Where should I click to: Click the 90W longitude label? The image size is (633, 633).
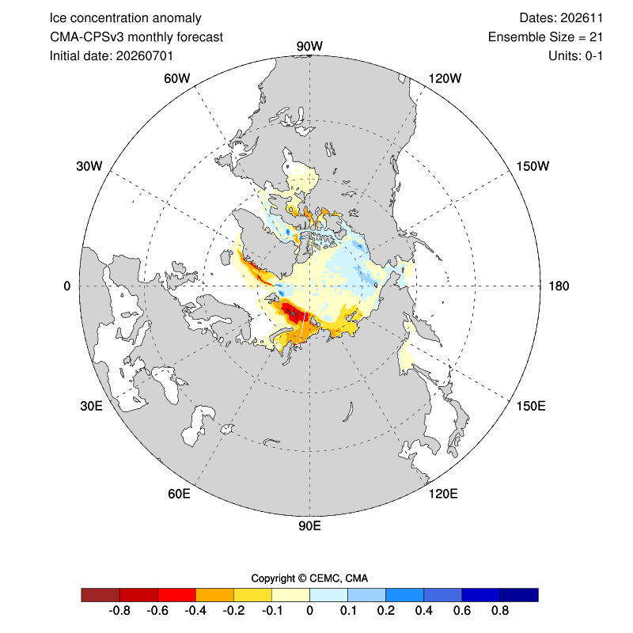309,46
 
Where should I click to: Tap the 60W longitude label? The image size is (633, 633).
176,78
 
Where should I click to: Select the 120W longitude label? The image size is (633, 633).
445,78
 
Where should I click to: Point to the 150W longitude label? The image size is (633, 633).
533,166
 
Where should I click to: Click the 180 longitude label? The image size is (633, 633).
559,286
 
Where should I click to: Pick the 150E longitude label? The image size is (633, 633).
531,406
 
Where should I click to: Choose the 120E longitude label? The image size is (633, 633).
443,494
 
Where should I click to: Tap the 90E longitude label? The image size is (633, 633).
309,526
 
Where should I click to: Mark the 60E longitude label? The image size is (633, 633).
180,494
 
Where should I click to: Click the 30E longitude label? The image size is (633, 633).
91,406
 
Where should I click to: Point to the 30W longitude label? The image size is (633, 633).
89,166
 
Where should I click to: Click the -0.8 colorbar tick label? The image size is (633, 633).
119,610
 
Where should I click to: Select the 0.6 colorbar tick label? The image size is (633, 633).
462,610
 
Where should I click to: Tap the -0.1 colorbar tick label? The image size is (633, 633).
271,610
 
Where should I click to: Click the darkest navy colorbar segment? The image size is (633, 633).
519,595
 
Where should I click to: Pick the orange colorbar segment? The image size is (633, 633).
214,595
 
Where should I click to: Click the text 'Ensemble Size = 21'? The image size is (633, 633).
545,37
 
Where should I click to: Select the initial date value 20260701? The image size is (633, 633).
145,55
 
